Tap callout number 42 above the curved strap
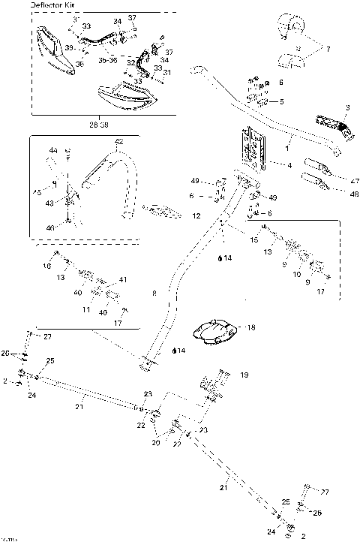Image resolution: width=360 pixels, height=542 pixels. (x=118, y=141)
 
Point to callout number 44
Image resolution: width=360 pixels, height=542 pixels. (x=53, y=151)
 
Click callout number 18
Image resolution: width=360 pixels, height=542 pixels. (x=250, y=328)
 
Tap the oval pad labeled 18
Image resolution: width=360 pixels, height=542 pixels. (x=215, y=331)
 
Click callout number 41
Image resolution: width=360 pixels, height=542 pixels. (x=124, y=279)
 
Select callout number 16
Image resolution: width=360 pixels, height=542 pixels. (x=47, y=266)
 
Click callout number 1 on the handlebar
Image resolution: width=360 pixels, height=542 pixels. (x=289, y=140)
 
